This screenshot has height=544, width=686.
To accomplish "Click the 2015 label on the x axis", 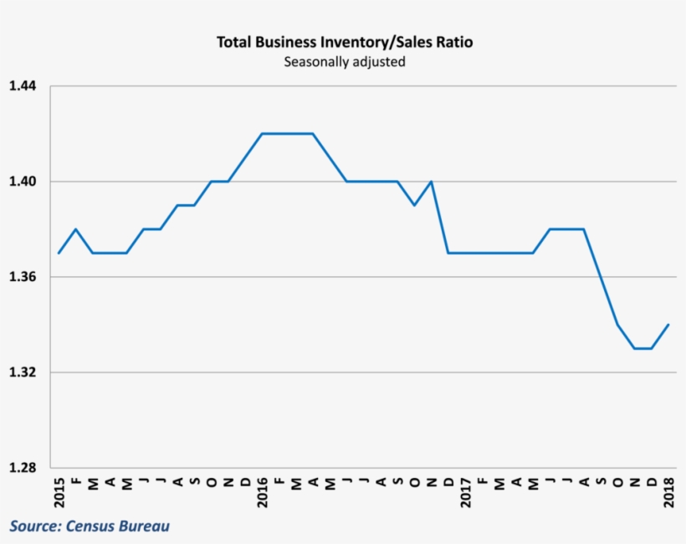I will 59,493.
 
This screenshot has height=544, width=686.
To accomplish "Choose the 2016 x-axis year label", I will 262,493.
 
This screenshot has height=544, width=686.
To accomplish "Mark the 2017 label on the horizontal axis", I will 465,493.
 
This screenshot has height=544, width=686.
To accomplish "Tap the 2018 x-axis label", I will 668,493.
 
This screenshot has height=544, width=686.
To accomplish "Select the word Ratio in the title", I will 453,42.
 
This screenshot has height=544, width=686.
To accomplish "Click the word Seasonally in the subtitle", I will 314,62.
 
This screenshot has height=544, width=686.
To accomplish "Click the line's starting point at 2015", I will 59,253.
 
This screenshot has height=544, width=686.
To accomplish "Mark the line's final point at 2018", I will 668,325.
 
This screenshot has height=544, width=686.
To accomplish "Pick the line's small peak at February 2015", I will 76,229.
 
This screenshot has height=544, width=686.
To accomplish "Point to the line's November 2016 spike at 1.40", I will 431,182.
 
